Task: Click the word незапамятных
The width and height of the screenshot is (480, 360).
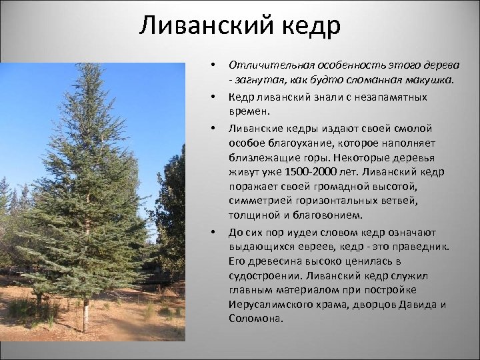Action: click(401, 97)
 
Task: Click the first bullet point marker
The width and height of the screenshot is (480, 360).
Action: click(212, 65)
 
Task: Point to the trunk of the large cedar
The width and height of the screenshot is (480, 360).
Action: click(85, 313)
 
